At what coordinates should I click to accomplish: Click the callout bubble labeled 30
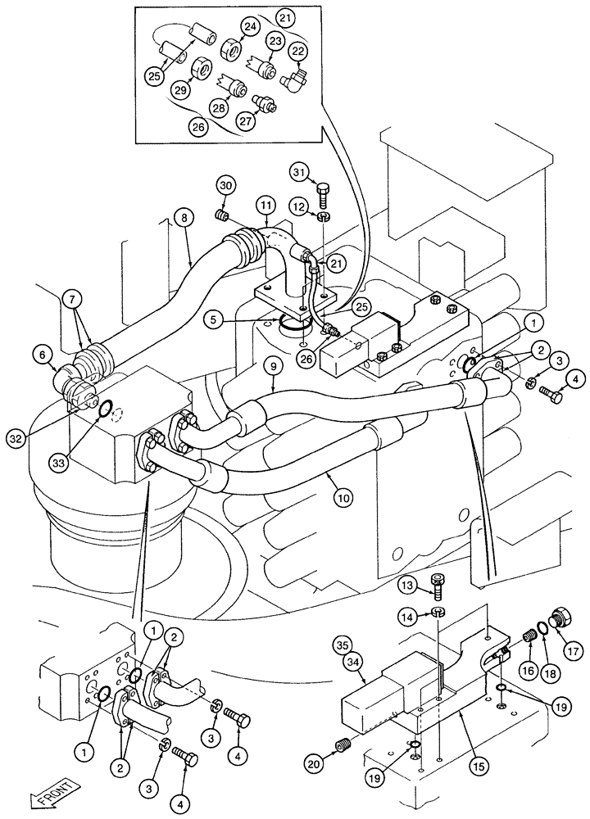click(x=226, y=185)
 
